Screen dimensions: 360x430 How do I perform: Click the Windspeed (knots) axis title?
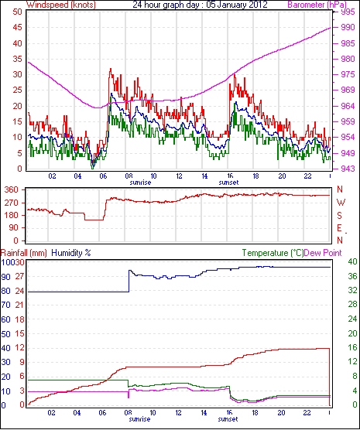tap(61, 5)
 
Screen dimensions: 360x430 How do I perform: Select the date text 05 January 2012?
tap(236, 5)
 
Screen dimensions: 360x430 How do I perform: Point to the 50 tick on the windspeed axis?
tap(17, 12)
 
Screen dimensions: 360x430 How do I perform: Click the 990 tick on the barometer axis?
tap(347, 27)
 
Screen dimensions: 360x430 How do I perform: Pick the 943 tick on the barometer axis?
tap(347, 169)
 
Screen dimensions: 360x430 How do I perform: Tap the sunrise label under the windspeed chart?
tap(140, 183)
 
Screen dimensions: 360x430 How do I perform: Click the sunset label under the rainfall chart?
tap(228, 419)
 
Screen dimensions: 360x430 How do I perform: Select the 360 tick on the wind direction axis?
tap(12, 189)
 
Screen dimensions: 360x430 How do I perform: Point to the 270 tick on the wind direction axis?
tap(12, 203)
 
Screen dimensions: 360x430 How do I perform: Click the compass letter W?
tap(341, 203)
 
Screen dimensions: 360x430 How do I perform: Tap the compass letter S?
tap(340, 216)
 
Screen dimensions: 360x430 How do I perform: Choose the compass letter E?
tap(340, 228)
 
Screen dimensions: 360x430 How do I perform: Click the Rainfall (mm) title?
tap(24, 253)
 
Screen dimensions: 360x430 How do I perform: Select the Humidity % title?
tap(71, 253)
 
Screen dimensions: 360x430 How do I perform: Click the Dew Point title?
tap(323, 253)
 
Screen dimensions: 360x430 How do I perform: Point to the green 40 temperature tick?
tap(352, 262)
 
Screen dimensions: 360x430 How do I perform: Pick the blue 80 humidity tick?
tap(5, 291)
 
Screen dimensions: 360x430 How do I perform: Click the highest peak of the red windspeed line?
tap(111, 69)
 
